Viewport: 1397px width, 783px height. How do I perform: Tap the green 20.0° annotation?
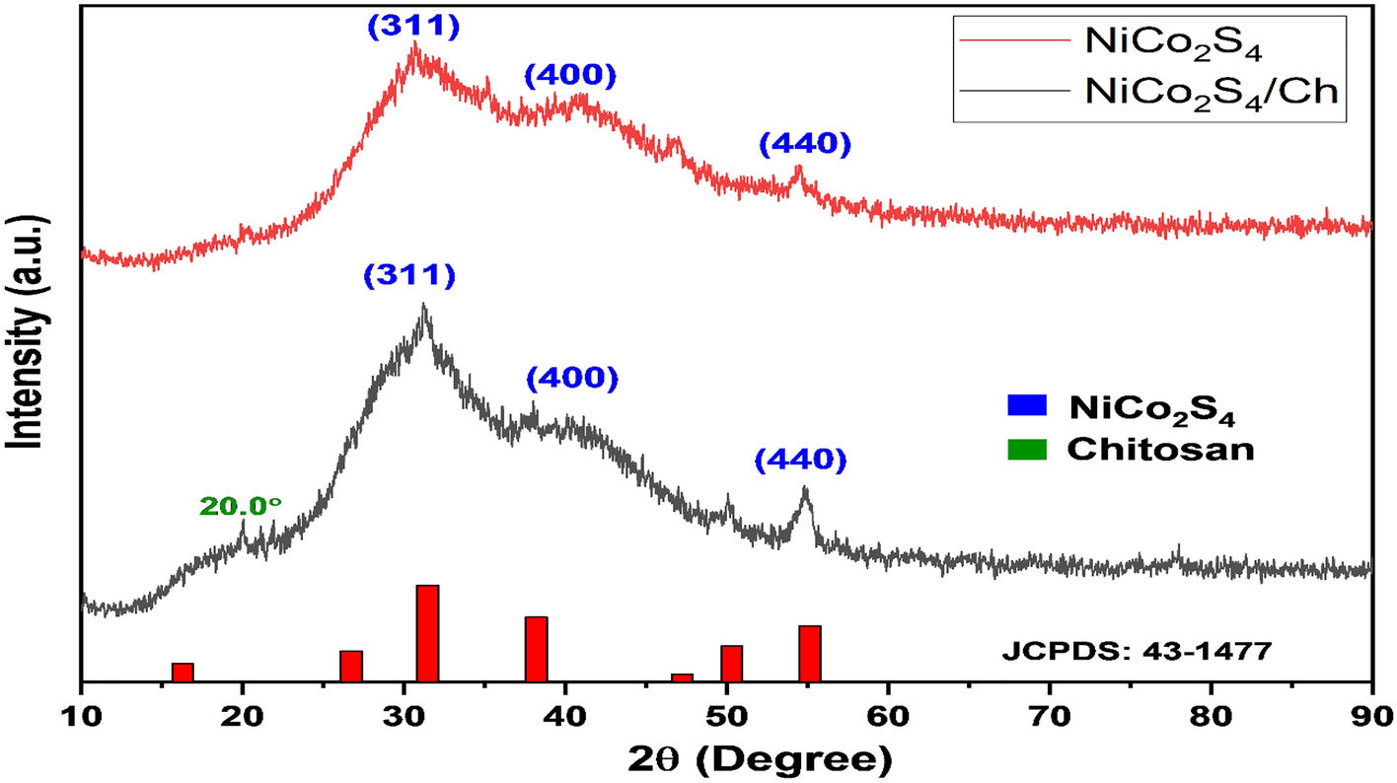tap(241, 507)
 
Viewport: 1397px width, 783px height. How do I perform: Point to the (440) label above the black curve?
tap(801, 460)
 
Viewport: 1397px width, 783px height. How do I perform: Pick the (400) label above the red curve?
tap(570, 76)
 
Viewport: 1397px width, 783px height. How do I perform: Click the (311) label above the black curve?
tap(409, 275)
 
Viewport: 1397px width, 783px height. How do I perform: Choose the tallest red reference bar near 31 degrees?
tap(427, 632)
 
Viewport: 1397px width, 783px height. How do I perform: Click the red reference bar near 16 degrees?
tap(183, 672)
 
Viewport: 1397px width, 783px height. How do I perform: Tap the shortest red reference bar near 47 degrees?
tap(682, 676)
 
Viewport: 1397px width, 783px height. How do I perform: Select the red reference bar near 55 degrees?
tap(810, 652)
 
